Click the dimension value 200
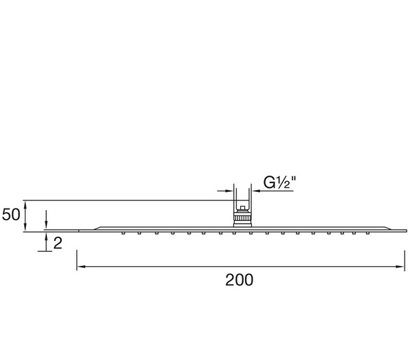[239, 280]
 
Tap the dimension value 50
[11, 215]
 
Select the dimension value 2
[58, 243]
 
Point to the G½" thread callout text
[279, 182]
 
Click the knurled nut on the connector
[242, 218]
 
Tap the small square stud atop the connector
[242, 208]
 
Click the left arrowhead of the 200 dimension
[81, 266]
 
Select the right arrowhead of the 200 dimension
[400, 266]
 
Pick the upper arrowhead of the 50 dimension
[25, 204]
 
